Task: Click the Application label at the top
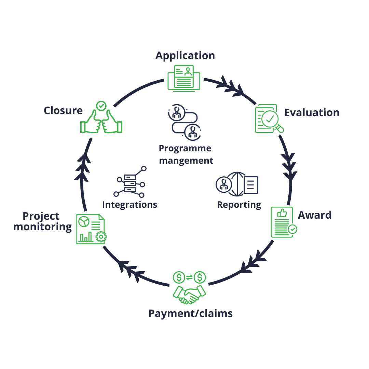tap(185, 56)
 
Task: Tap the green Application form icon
tap(184, 78)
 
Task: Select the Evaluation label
tap(312, 113)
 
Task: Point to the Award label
tap(315, 215)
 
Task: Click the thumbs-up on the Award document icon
tap(282, 214)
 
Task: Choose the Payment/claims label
tap(190, 313)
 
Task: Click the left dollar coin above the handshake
tap(179, 277)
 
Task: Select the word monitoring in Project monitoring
tap(43, 227)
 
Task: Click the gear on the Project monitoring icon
tap(101, 236)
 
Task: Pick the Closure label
tap(63, 111)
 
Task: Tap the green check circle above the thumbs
tap(101, 106)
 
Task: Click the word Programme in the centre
tap(185, 149)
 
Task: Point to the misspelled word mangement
tap(186, 160)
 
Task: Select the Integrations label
tap(129, 205)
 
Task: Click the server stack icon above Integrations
tap(130, 183)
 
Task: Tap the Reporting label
tap(239, 205)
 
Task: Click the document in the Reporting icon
tap(251, 185)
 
